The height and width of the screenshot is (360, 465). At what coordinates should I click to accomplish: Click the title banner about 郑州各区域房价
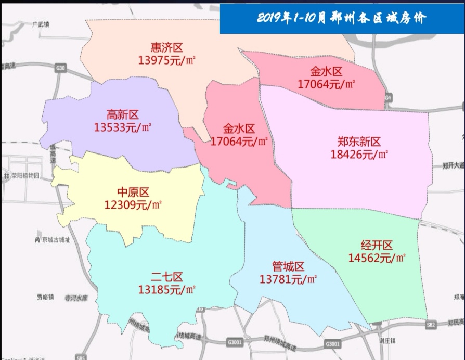pos(342,19)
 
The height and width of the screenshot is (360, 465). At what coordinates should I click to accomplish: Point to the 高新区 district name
pos(123,114)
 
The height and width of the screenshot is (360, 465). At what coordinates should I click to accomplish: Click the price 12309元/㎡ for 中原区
pos(133,205)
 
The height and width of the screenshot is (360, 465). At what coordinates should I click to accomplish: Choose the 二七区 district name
pos(167,276)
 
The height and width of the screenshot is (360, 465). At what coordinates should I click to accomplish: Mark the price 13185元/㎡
pos(167,289)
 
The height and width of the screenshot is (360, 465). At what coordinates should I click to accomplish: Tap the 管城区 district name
pos(288,267)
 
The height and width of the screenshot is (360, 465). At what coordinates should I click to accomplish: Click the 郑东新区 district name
pos(359,142)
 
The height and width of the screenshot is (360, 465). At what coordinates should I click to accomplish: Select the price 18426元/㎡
pos(359,154)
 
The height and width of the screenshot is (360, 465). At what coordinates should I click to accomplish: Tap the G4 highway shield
pos(389,98)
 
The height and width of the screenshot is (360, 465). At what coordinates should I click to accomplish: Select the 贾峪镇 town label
pos(45,297)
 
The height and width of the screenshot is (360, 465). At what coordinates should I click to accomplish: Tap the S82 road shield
pos(430,325)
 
